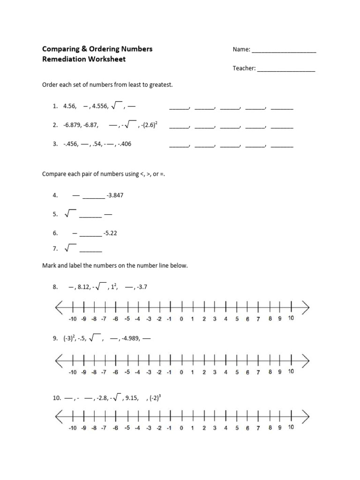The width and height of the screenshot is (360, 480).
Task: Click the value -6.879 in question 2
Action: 72,125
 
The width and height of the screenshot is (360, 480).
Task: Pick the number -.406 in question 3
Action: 124,144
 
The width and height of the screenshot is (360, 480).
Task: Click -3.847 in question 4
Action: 115,195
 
